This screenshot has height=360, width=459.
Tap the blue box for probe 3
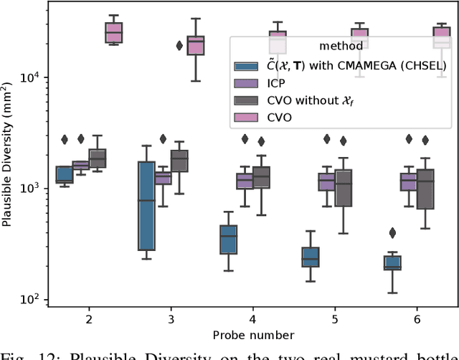[x=146, y=206]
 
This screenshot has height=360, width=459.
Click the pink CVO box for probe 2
[x=113, y=34]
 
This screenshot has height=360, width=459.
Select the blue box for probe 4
[x=229, y=240]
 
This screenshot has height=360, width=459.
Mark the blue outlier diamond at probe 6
[x=392, y=232]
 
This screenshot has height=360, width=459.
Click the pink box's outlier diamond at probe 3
[x=179, y=45]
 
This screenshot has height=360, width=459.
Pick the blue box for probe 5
[x=311, y=257]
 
